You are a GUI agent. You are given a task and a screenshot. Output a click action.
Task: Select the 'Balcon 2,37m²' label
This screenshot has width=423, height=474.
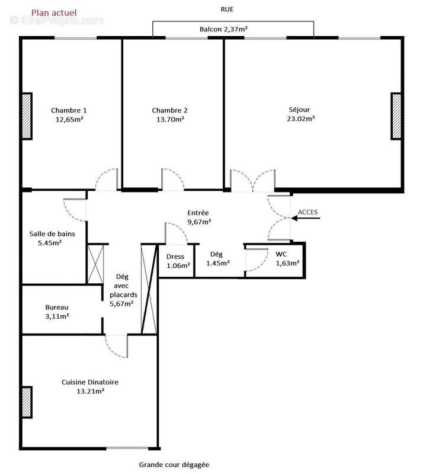[222, 28]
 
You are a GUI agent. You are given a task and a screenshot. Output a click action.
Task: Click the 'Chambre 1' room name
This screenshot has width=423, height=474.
[69, 110]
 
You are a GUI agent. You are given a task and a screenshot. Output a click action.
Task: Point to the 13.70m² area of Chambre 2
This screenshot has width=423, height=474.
[170, 119]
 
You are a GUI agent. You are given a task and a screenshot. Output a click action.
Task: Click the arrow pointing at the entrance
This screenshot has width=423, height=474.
[306, 219]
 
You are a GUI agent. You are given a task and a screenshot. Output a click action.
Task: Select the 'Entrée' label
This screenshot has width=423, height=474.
[198, 213]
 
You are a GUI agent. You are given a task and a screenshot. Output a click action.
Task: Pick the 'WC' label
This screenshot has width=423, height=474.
[281, 254]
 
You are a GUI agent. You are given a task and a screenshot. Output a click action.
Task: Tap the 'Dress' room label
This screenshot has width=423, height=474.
[175, 257]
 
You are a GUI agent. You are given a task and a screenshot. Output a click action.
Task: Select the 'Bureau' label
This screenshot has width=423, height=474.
[57, 308]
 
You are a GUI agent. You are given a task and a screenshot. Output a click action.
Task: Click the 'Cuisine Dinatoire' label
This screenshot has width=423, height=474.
[89, 382]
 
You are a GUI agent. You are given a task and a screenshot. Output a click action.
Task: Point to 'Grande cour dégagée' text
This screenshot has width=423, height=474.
[174, 465]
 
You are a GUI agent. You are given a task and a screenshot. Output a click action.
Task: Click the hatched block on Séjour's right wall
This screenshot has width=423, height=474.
[396, 116]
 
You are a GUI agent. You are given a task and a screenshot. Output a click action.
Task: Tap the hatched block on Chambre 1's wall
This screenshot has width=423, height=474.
[27, 116]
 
